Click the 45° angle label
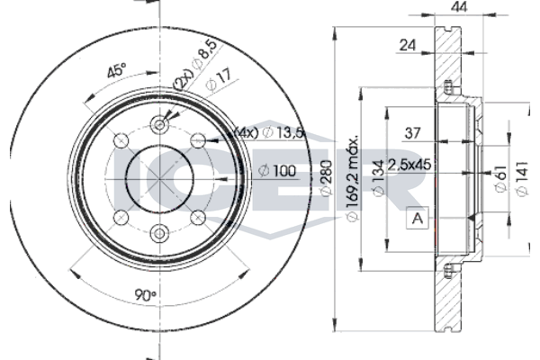tap(117, 70)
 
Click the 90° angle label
tap(145, 295)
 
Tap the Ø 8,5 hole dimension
tap(205, 54)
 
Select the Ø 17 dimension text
tap(219, 81)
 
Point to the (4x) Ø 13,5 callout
tap(268, 132)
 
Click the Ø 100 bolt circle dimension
tap(277, 170)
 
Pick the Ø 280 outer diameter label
tap(327, 178)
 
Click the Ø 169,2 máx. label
tap(352, 178)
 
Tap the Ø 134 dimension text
tap(379, 178)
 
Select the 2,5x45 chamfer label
tap(409, 165)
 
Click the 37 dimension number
tap(412, 133)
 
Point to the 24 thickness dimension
tap(408, 45)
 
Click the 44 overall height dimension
tap(459, 6)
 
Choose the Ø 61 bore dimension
tap(500, 178)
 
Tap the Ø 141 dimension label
tap(522, 178)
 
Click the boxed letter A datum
tap(418, 218)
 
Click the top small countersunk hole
tap(160, 124)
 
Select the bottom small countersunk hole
tap(160, 234)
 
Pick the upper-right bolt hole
tap(198, 140)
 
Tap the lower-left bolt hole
tap(121, 218)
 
